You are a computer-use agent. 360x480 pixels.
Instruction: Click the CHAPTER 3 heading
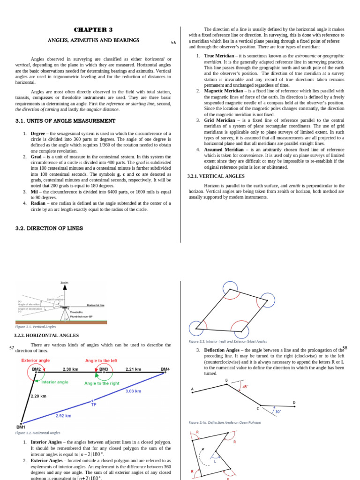point(93,30)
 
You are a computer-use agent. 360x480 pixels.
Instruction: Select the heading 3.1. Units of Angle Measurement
point(65,120)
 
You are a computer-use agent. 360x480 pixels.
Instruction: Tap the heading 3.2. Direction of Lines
point(49,228)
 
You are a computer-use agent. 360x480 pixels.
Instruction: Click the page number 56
point(173,43)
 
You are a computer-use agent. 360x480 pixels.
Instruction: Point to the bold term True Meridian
point(219,56)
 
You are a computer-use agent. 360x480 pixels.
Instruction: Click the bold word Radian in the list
point(38,203)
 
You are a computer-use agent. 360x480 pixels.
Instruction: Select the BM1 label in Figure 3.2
point(21,427)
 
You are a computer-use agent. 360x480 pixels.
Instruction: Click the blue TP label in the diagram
point(94,404)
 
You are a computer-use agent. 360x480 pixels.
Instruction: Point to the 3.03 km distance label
point(134,390)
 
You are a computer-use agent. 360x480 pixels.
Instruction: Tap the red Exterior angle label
point(36,360)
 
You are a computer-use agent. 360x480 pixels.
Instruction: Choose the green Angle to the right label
point(102,383)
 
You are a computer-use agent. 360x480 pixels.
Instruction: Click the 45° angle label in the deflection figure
point(245,387)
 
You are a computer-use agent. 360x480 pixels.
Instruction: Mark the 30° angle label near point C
point(278,412)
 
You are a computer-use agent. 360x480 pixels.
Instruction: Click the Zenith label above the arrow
point(65,283)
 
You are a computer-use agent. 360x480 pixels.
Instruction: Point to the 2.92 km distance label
point(64,415)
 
